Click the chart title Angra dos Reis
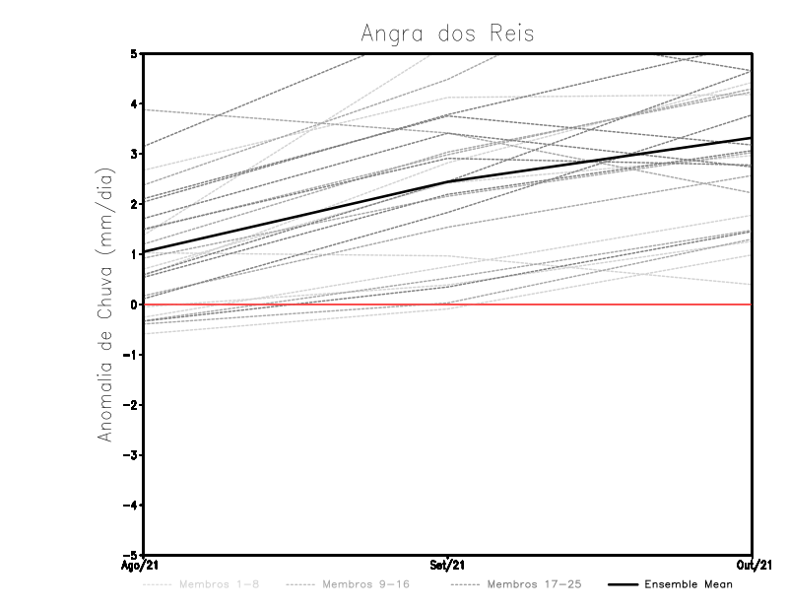click(447, 33)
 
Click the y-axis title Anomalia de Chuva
click(104, 304)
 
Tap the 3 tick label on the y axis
click(133, 154)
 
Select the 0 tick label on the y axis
click(133, 304)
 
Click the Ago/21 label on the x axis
click(142, 566)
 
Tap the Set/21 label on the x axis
click(448, 566)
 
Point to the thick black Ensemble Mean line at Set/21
click(448, 181)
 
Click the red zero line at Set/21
click(448, 304)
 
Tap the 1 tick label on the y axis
click(133, 254)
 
